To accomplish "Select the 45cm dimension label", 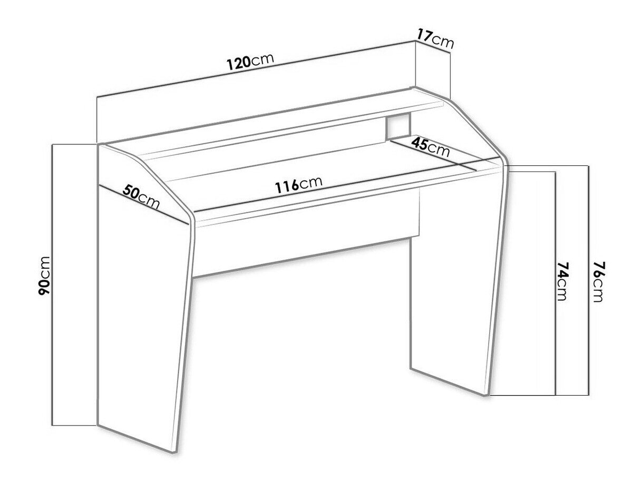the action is coord(430,147).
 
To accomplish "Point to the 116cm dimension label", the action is coord(299,184).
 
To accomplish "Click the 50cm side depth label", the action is coord(141,196).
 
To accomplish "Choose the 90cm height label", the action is coord(44,276).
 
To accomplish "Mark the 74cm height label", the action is coord(562,281).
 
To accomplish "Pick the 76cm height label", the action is coord(597,281).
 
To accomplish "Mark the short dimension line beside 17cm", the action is coord(433,47).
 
